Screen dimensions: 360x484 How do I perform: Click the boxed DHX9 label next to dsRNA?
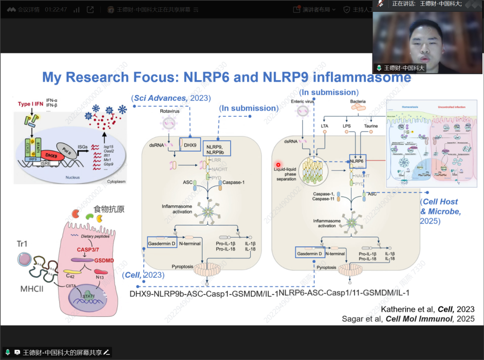point(190,145)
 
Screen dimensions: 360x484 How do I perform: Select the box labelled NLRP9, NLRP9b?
point(216,148)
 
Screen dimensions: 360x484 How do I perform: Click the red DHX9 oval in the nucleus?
point(50,156)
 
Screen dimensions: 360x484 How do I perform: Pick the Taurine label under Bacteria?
point(370,126)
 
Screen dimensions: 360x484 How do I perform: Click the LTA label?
point(324,126)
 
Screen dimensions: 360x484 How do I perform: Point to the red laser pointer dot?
point(278,164)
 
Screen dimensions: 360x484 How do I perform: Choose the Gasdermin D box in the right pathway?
point(310,254)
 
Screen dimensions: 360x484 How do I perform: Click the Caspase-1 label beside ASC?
point(233,182)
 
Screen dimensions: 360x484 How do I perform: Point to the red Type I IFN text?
point(29,104)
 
